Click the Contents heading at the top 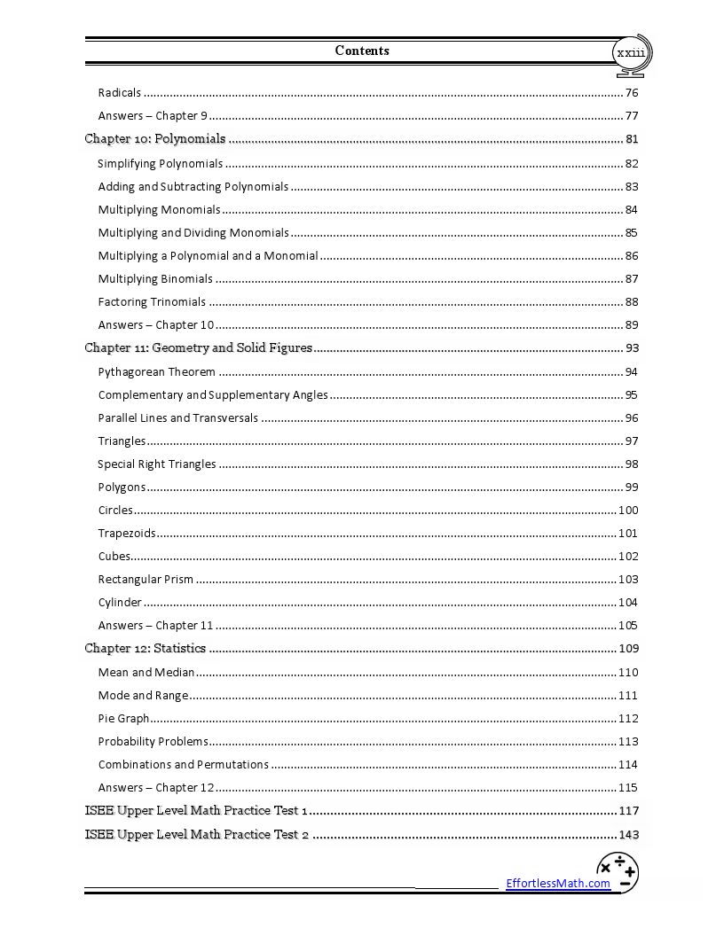point(362,51)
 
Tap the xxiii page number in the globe point(631,54)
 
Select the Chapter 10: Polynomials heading point(155,138)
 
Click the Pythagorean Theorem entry point(156,371)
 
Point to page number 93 point(631,348)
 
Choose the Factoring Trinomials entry point(152,302)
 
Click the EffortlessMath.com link point(558,883)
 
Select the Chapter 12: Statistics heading point(145,648)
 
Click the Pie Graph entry point(123,718)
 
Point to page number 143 point(628,835)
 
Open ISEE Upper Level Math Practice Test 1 point(196,810)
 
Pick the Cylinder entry point(120,603)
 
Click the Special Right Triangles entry point(156,464)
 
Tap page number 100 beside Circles point(628,511)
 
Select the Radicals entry point(120,93)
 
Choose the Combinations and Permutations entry point(183,764)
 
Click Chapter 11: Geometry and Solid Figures point(198,347)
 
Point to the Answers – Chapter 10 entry point(156,325)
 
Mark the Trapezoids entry point(127,534)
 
